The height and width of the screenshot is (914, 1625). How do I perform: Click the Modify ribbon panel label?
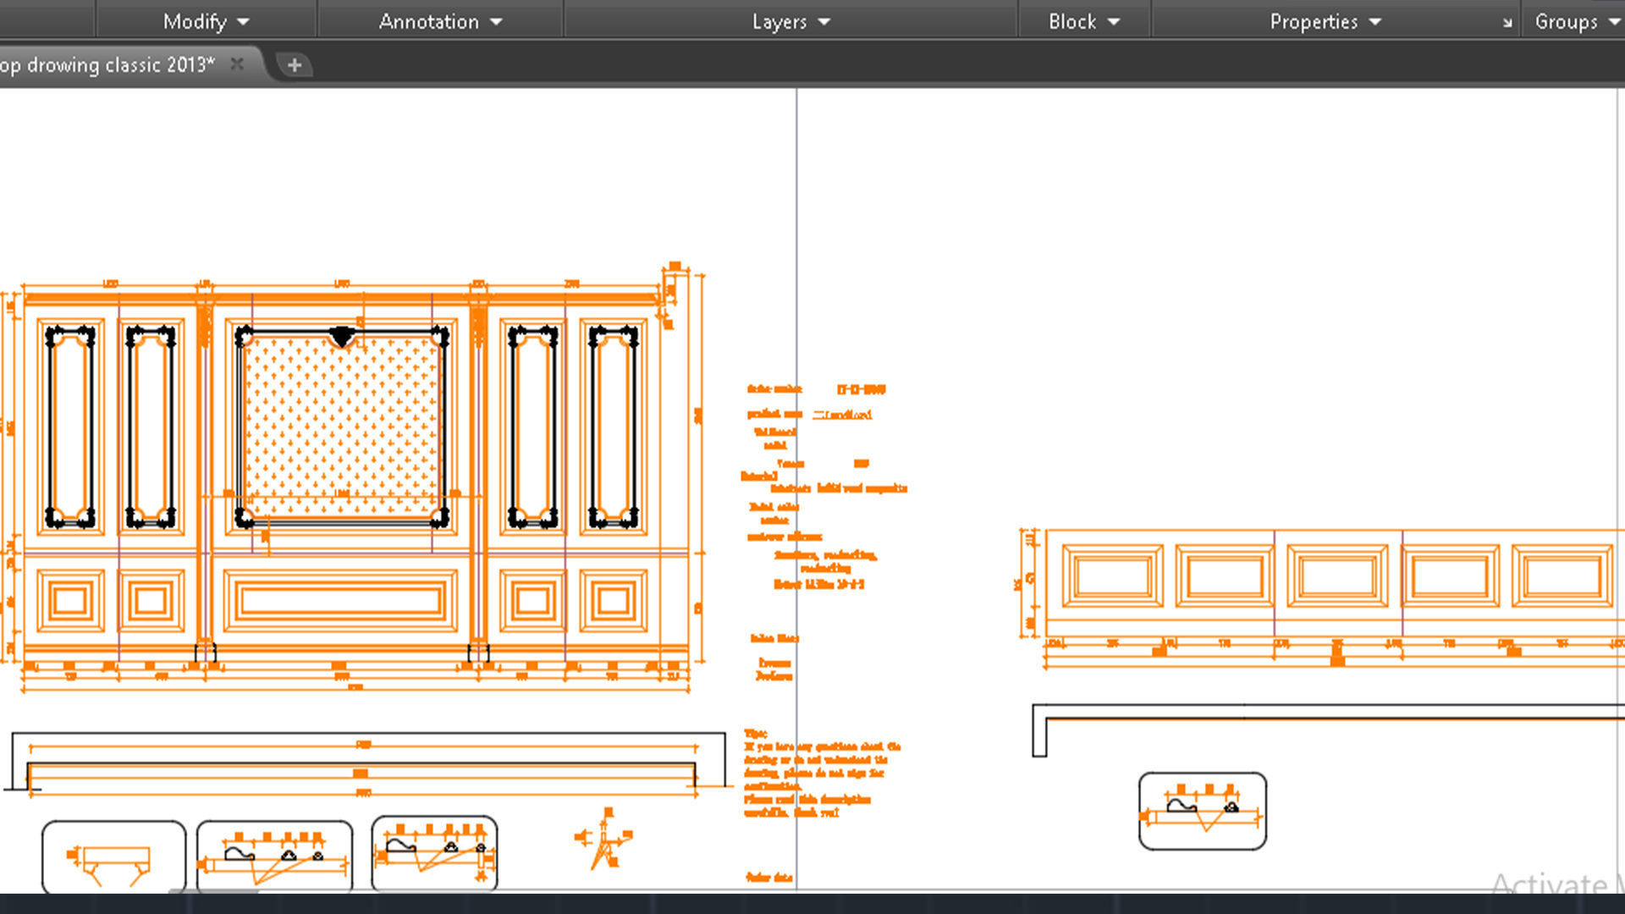(x=206, y=21)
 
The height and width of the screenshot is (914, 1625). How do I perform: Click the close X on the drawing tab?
(x=237, y=64)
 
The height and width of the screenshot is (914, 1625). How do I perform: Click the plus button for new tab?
(x=294, y=65)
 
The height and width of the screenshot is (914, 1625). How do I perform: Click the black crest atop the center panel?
(x=342, y=337)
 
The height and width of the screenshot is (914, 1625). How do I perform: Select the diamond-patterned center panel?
(x=342, y=427)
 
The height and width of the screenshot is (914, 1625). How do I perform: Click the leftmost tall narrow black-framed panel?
(x=70, y=427)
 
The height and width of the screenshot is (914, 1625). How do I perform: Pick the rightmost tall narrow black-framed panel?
(x=614, y=427)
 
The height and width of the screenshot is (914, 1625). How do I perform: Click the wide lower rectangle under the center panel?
(x=340, y=600)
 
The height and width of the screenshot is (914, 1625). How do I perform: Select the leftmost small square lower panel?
(x=70, y=601)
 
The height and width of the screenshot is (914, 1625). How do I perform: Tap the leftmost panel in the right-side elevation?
(x=1112, y=576)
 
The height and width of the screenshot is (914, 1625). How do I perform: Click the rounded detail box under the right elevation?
(x=1202, y=811)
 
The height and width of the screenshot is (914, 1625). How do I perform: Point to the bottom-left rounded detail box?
(x=113, y=856)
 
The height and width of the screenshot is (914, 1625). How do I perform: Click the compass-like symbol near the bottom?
(x=604, y=840)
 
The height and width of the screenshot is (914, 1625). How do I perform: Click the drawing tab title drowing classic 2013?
(x=110, y=64)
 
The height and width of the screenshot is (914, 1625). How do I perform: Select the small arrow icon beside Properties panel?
(x=1507, y=23)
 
